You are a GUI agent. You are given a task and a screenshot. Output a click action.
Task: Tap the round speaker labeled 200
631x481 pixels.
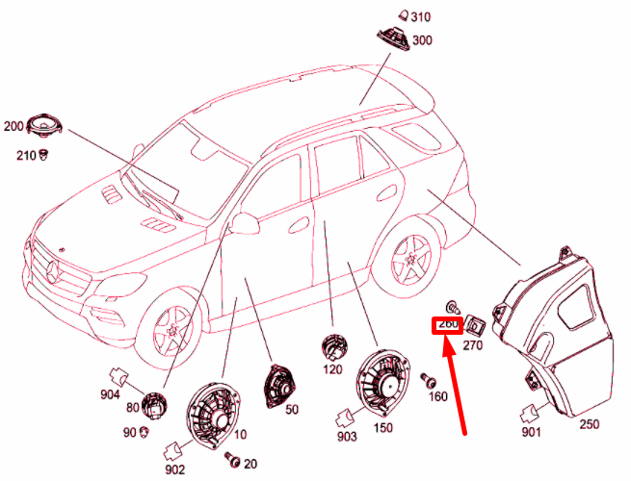[45, 126]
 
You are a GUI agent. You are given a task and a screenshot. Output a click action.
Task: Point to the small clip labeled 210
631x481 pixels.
[43, 155]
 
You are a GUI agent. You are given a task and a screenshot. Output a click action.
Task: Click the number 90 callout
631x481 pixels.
[128, 433]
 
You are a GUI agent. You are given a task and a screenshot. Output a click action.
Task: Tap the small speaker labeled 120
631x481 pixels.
[334, 345]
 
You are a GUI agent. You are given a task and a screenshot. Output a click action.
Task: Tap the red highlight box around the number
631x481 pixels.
[447, 325]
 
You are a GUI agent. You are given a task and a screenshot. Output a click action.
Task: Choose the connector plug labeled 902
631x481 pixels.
[175, 447]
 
